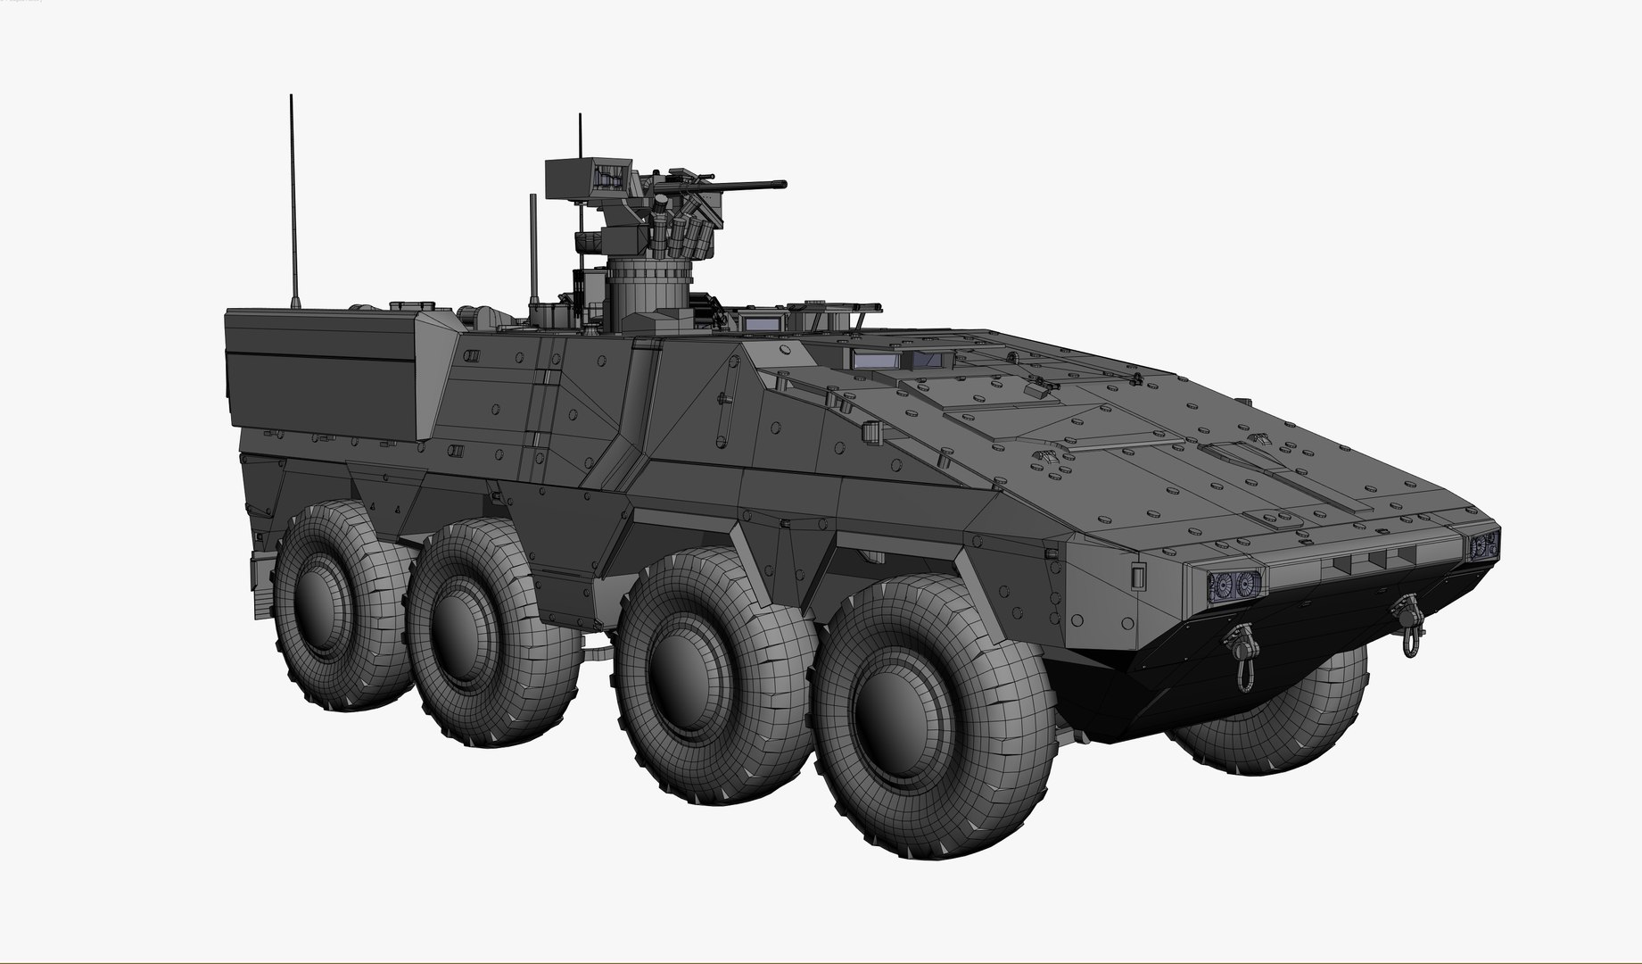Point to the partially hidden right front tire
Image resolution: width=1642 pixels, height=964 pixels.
[x=1284, y=714]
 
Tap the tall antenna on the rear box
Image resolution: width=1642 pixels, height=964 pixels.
[x=293, y=205]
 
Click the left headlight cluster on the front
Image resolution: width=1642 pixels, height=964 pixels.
[x=1234, y=585]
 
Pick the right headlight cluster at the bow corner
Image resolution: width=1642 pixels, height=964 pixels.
[x=1484, y=545]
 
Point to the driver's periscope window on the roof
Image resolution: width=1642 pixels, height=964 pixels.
[x=879, y=361]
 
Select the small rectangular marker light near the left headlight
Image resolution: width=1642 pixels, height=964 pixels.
[x=1138, y=576]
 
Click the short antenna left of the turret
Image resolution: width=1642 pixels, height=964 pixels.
[x=533, y=250]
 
